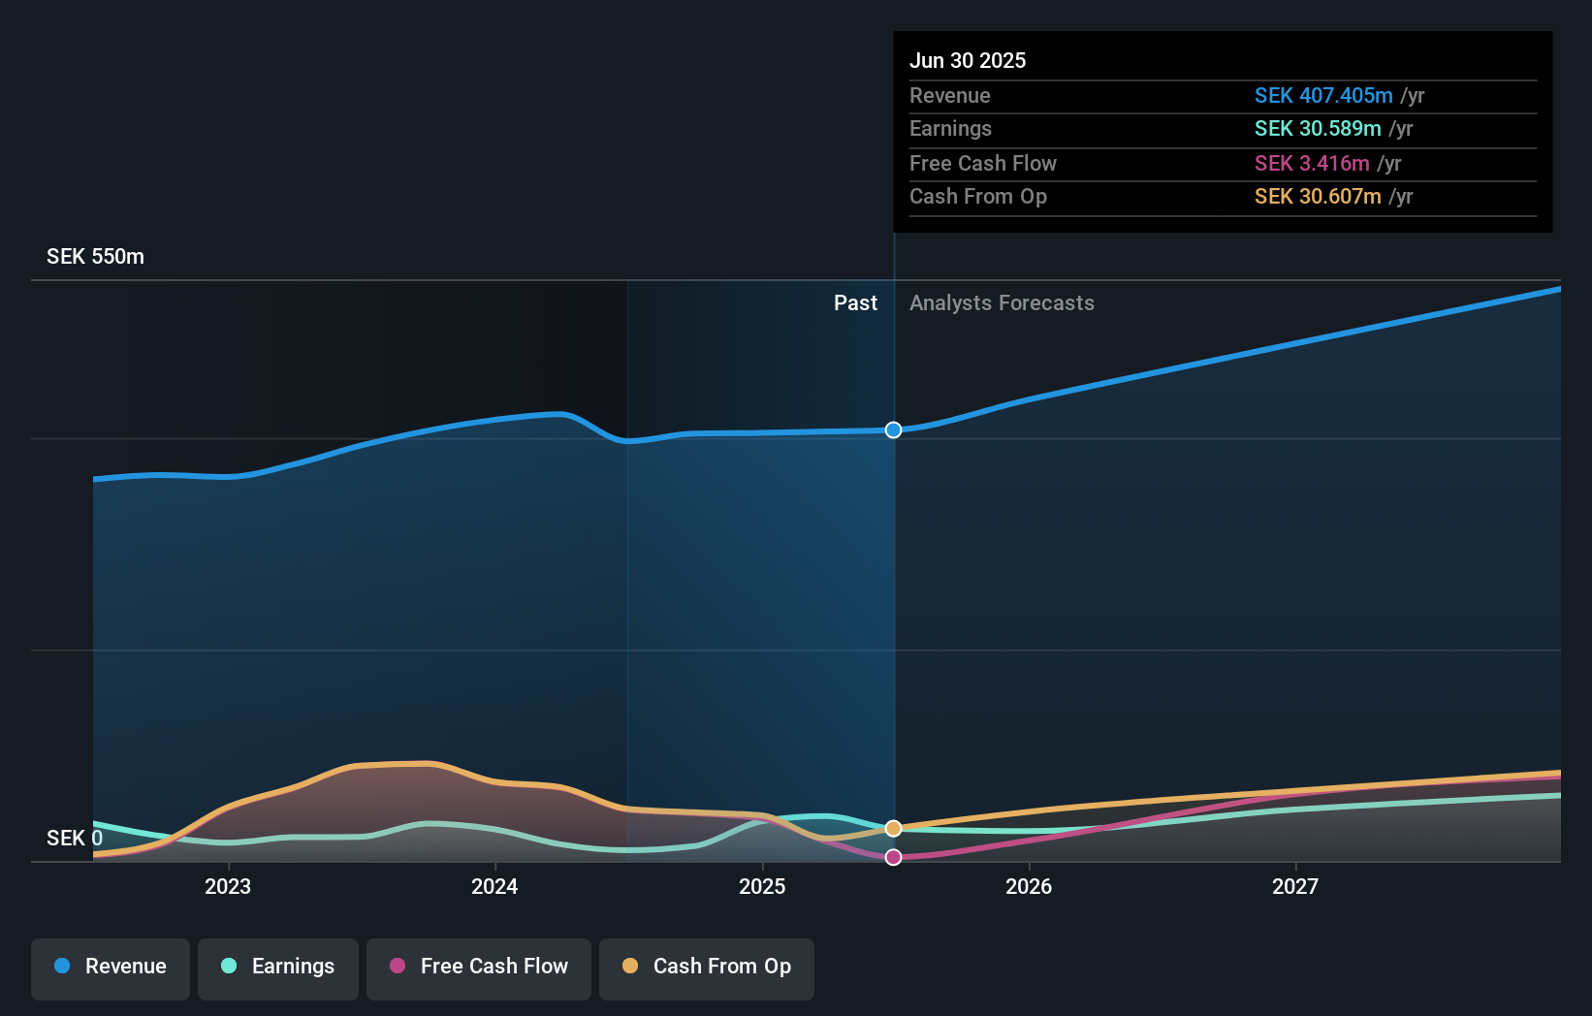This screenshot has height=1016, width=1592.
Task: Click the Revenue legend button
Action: [111, 967]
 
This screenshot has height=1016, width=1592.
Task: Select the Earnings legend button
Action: [278, 967]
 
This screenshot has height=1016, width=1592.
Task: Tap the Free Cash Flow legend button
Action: [479, 967]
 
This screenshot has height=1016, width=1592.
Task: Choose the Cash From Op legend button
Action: [707, 967]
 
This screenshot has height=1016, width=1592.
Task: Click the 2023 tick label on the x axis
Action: [228, 886]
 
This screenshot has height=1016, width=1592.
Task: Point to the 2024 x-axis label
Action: [494, 886]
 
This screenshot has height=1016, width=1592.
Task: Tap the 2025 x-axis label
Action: [762, 886]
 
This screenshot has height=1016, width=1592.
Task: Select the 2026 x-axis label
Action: [1029, 886]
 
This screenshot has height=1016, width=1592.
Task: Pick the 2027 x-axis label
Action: [1295, 886]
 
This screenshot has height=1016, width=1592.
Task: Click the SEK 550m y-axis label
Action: [95, 257]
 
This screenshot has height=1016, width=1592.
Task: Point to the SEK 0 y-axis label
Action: [75, 838]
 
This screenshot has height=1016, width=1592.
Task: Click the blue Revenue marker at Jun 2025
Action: [893, 429]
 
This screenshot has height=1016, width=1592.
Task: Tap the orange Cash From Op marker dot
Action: [893, 828]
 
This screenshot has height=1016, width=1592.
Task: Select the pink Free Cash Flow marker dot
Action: [893, 857]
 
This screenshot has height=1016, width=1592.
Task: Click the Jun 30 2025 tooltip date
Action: [967, 60]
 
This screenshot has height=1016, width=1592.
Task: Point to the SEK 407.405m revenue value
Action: [1323, 95]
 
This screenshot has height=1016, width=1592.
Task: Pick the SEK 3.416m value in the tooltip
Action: [1312, 163]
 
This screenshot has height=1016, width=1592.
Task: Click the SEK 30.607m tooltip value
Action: [1318, 197]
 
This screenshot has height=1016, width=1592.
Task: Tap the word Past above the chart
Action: [855, 303]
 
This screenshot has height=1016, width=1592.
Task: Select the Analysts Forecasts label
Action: [1002, 303]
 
